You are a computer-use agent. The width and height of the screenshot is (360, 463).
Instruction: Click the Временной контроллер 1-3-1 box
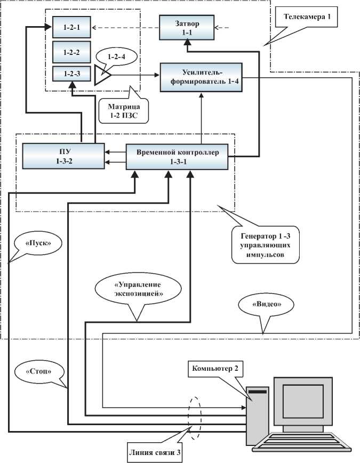(x=177, y=156)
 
